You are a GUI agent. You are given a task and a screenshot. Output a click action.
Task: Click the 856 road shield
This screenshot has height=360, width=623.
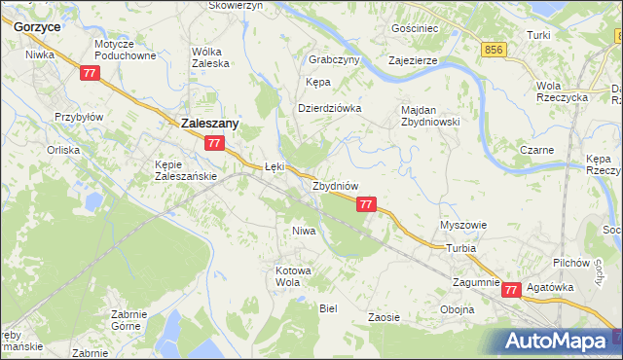[495, 49]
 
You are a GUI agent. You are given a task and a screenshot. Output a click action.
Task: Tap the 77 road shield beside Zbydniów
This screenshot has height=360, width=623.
[366, 204]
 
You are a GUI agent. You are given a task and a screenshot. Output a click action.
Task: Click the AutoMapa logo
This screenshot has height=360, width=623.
[559, 341]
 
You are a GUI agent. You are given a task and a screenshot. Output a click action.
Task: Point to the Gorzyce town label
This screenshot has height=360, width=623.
[38, 27]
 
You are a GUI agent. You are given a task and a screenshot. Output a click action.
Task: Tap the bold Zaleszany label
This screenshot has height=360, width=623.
[211, 124]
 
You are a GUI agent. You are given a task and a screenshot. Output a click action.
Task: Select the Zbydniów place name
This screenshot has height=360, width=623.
[336, 185]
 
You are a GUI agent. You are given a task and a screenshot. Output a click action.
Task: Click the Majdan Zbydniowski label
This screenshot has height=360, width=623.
[429, 116]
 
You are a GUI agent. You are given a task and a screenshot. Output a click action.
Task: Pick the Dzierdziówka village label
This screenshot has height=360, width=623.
[329, 108]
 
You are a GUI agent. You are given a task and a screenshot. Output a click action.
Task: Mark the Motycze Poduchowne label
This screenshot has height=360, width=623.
[126, 51]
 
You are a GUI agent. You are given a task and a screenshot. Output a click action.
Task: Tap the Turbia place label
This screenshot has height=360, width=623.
[461, 248]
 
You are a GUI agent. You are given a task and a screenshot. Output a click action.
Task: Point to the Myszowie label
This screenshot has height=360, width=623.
[463, 225]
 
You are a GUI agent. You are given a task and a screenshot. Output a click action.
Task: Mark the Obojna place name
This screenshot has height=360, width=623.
[458, 309]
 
